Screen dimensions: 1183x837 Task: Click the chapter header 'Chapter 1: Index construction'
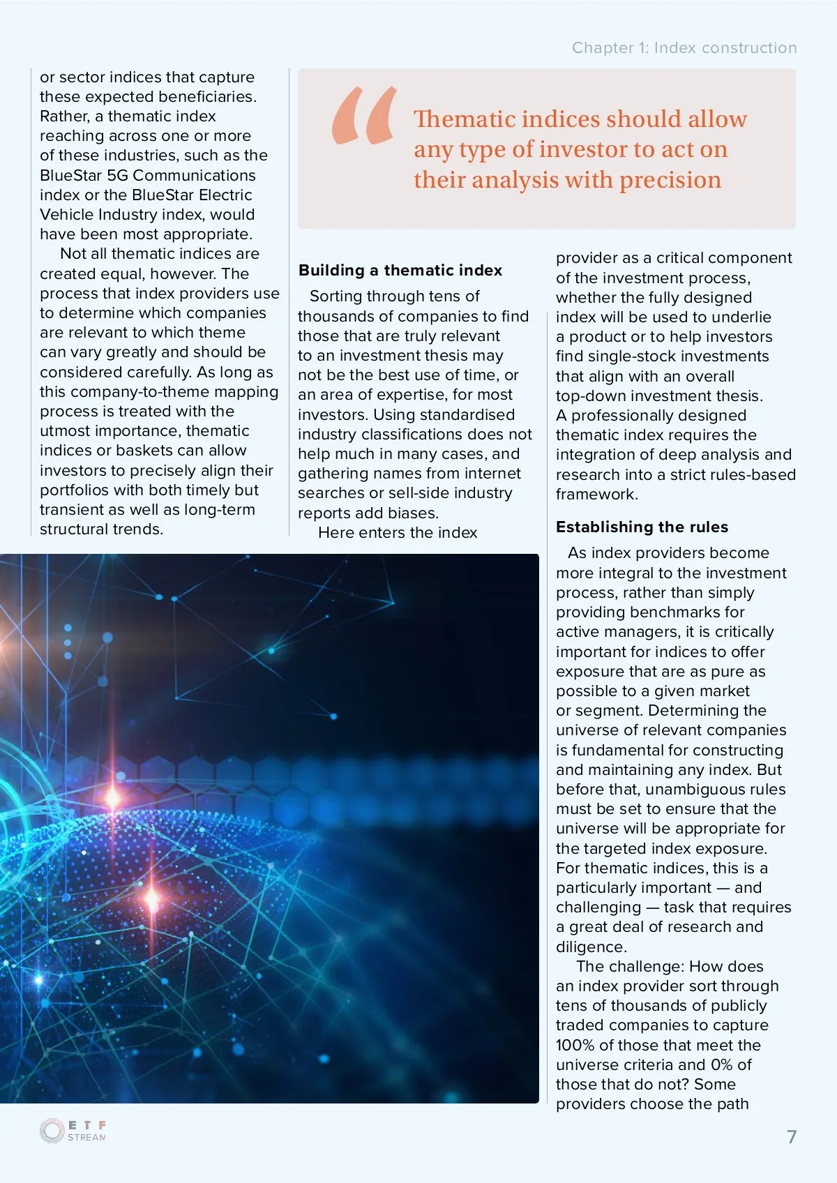684,48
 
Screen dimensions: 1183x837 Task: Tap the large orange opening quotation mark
364,116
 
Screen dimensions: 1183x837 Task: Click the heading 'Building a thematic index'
400,271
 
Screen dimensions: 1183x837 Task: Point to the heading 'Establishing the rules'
642,527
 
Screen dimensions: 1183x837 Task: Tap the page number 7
792,1137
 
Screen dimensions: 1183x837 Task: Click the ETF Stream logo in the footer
73,1131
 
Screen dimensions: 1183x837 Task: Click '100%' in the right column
575,1046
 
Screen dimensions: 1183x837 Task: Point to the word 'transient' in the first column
70,510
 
